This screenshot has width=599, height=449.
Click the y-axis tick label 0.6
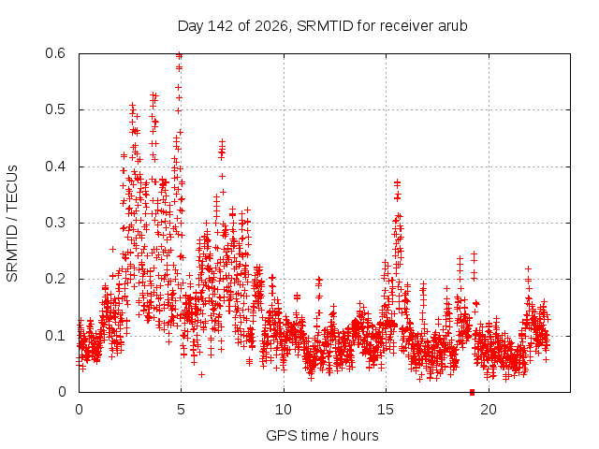point(55,53)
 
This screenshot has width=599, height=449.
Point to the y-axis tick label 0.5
point(55,109)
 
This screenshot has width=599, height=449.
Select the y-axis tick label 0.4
point(55,167)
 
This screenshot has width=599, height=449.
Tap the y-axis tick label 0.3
point(55,223)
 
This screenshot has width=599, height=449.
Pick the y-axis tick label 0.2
point(55,279)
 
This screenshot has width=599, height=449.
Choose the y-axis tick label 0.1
point(55,336)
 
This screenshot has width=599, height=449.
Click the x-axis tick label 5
point(181,410)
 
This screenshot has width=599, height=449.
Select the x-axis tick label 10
point(283,410)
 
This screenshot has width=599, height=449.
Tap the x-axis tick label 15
point(386,410)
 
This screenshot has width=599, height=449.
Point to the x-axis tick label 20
point(489,410)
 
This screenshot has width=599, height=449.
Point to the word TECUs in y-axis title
point(12,188)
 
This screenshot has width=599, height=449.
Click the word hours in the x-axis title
point(359,435)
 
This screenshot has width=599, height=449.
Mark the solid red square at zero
point(472,392)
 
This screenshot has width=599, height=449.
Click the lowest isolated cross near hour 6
point(202,374)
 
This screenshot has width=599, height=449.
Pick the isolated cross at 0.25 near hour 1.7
point(112,250)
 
